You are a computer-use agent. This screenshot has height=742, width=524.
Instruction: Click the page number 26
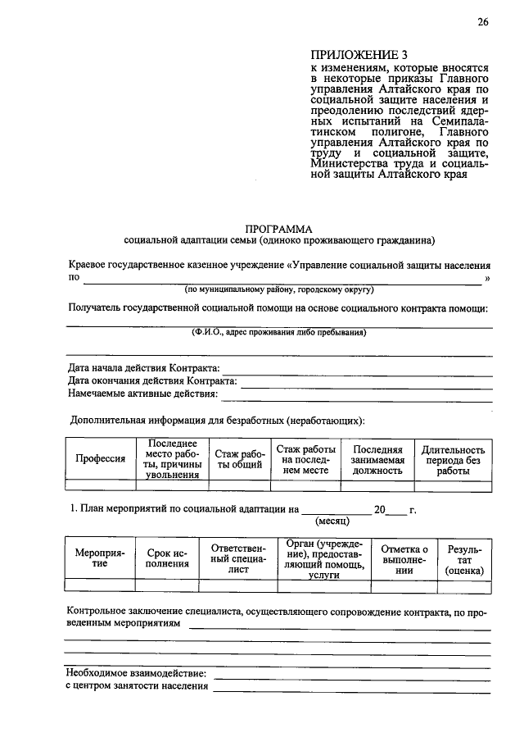(484, 22)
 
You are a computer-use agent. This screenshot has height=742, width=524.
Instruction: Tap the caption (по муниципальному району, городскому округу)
(278, 289)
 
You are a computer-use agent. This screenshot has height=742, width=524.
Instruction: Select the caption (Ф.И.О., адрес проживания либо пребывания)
(278, 333)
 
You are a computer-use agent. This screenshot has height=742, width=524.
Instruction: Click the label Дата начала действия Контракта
(144, 367)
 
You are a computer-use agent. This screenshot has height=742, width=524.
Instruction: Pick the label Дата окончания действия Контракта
(152, 380)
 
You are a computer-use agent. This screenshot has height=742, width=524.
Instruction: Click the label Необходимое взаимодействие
(136, 673)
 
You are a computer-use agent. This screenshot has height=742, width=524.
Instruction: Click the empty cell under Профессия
(100, 485)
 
